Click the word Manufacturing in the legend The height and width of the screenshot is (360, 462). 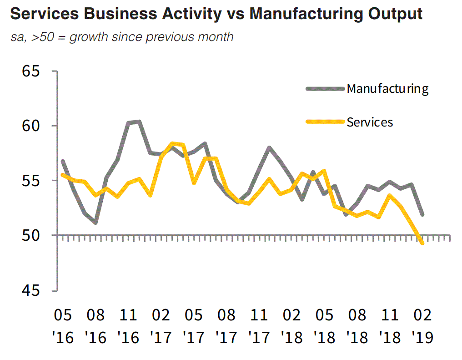(387, 88)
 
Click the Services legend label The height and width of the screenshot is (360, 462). (370, 122)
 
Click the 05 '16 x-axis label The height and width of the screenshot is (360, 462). (63, 326)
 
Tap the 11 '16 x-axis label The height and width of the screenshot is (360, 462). (129, 326)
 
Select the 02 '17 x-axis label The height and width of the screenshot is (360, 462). (161, 326)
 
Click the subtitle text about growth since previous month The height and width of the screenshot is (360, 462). (122, 36)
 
